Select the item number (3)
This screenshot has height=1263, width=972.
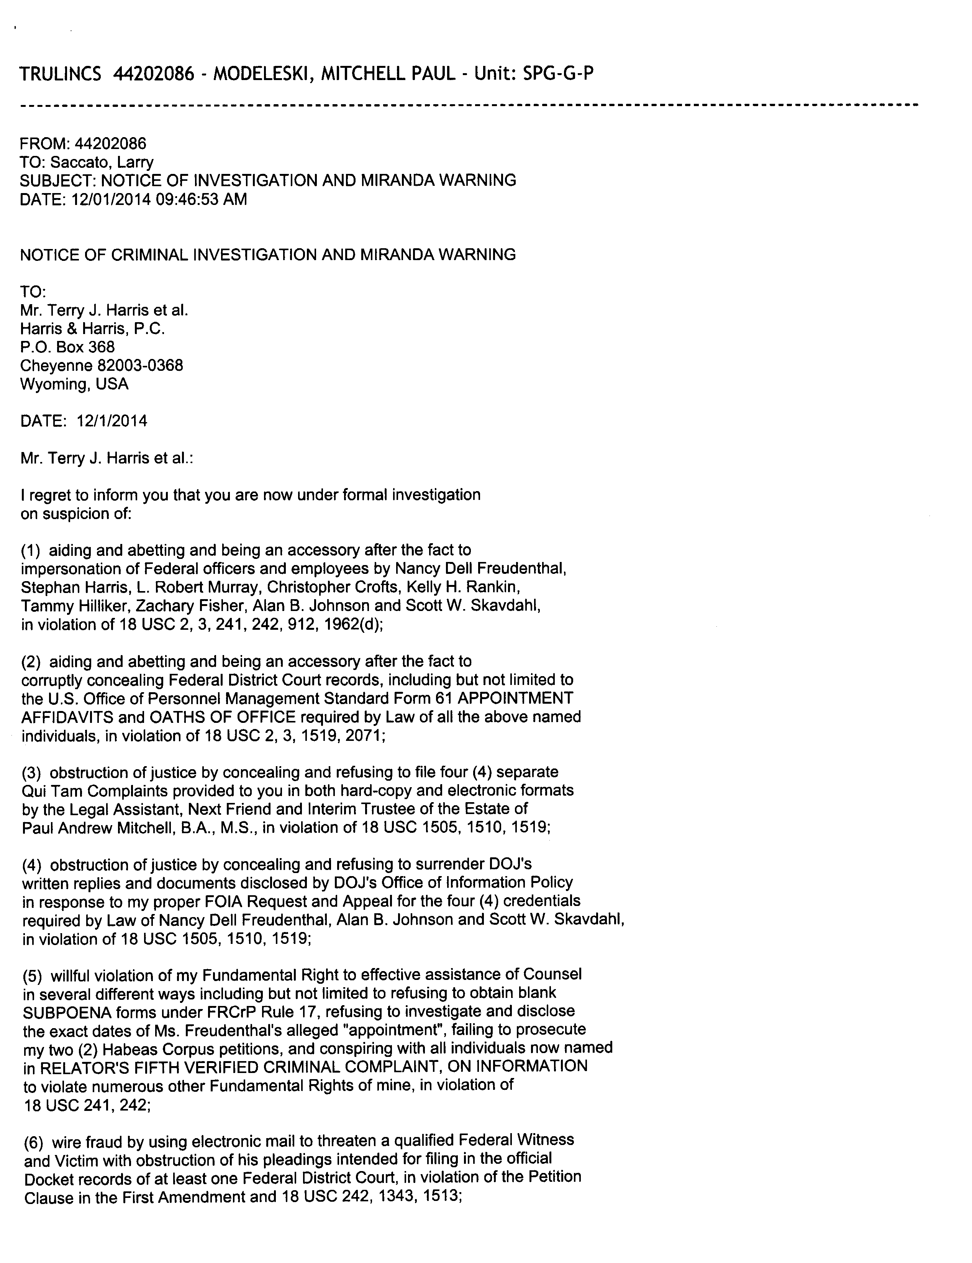click(33, 772)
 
